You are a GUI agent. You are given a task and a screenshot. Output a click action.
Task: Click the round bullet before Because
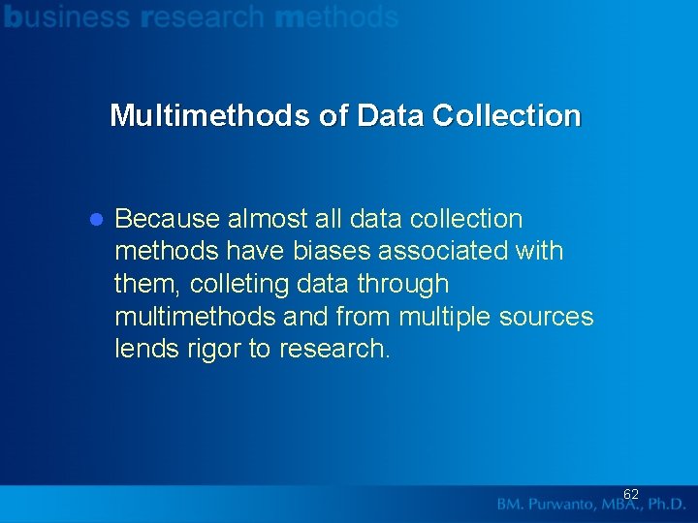(96, 220)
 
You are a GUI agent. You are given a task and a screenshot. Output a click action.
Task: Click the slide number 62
(630, 495)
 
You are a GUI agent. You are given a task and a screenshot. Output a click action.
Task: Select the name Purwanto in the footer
(574, 505)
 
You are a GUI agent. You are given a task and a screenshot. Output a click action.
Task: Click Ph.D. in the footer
(662, 505)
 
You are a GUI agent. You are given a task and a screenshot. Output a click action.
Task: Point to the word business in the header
(67, 16)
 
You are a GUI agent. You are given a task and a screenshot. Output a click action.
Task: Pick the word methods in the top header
(337, 16)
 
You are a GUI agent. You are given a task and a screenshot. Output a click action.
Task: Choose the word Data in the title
(391, 115)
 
